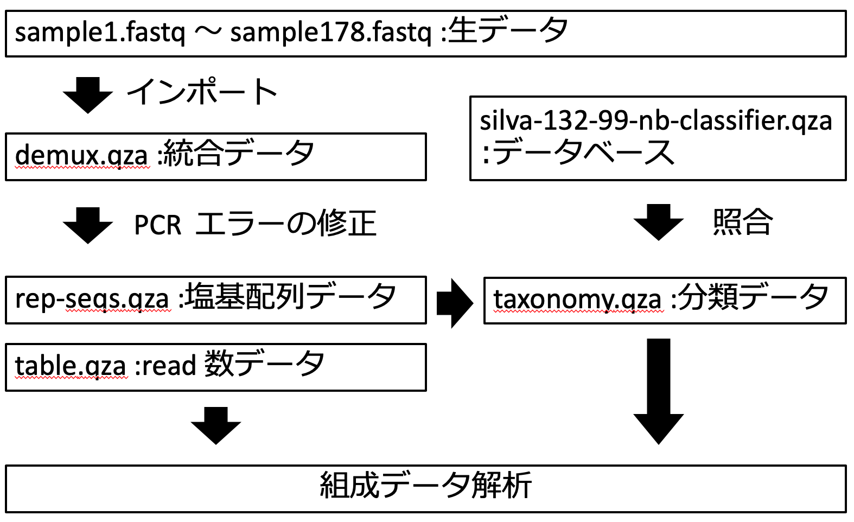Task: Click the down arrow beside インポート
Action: [88, 94]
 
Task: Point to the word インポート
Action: [202, 92]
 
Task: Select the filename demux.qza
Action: [81, 156]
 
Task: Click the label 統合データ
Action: [239, 154]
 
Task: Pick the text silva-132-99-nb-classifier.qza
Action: [655, 120]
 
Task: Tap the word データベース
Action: [584, 152]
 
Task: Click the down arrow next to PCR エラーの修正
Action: [88, 225]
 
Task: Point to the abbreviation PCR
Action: [157, 225]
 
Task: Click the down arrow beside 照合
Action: [658, 222]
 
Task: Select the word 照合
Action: [742, 222]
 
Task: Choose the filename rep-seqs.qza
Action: [92, 299]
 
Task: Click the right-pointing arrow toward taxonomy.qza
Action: [455, 303]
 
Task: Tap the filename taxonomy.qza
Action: [577, 299]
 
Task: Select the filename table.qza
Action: [71, 366]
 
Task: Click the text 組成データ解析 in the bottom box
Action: [426, 485]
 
